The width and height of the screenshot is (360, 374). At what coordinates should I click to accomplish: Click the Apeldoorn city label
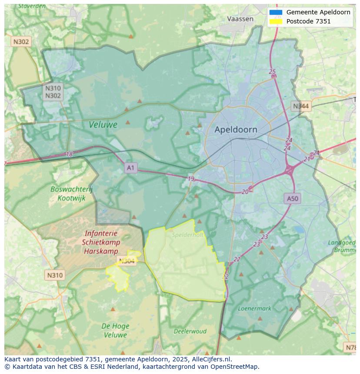point(236,129)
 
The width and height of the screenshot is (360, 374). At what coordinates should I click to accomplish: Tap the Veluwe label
point(103,125)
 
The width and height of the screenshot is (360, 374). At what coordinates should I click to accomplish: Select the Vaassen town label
point(240,19)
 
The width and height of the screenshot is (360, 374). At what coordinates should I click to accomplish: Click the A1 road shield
point(131,168)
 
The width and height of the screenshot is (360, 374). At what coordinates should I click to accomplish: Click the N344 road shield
point(301,106)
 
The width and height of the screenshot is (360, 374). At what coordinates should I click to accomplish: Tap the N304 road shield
point(126,261)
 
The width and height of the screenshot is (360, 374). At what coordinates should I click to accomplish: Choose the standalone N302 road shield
point(21,42)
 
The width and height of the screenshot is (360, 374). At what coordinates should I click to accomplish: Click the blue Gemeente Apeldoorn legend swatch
point(276,12)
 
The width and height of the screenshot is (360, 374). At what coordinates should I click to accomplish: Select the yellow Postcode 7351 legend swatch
point(276,21)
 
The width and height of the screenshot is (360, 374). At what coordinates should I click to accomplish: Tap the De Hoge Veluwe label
point(115,331)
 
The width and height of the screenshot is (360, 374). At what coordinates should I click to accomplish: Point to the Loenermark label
point(254,308)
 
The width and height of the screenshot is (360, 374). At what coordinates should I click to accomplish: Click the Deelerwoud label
point(190,331)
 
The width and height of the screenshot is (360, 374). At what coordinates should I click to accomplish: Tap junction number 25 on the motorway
point(272,72)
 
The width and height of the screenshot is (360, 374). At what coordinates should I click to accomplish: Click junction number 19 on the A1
point(191,179)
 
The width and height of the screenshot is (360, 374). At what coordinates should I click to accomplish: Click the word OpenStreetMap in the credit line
point(234,367)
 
